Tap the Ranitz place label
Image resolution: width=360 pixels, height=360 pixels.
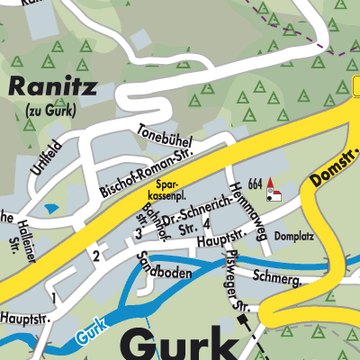click(52, 86)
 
